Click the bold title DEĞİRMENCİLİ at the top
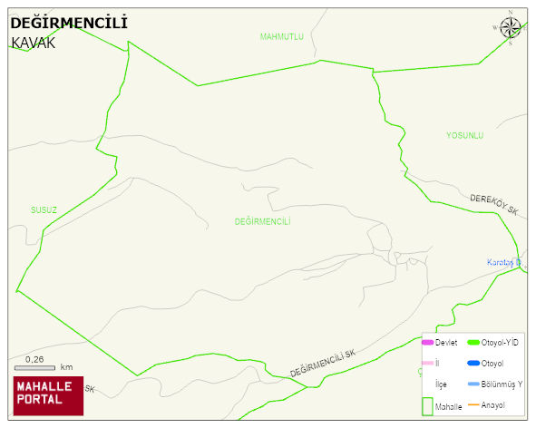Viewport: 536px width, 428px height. tap(68, 23)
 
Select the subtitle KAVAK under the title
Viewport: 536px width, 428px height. tap(34, 43)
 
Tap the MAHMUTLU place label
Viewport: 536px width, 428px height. tap(281, 36)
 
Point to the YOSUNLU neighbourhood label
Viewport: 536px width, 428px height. tap(464, 135)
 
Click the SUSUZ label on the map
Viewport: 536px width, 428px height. tap(44, 209)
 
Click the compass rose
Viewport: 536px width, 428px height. tap(511, 27)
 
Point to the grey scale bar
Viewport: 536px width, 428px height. tap(35, 366)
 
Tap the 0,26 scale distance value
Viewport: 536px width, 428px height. tap(35, 359)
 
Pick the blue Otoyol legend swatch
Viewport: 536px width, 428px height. tap(473, 363)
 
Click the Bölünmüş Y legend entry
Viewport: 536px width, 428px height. tap(502, 384)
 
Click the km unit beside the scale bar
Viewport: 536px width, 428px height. tap(66, 367)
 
